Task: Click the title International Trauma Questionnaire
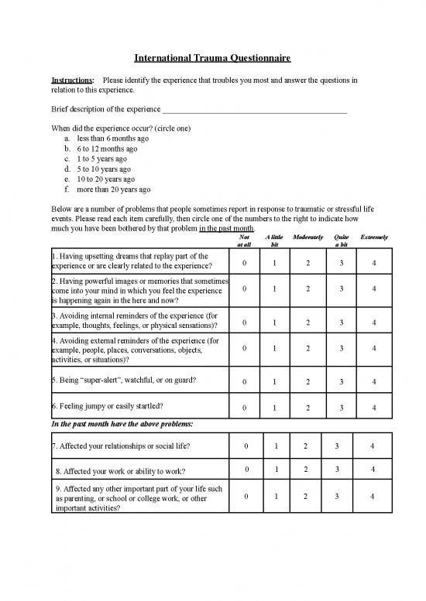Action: pyautogui.click(x=213, y=58)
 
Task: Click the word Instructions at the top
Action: pyautogui.click(x=72, y=80)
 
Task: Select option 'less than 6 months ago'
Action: pyautogui.click(x=108, y=138)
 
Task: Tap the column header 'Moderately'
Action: pyautogui.click(x=308, y=237)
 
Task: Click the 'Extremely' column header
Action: pyautogui.click(x=374, y=237)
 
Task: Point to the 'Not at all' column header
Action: pyautogui.click(x=245, y=241)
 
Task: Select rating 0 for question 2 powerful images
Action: pyautogui.click(x=245, y=289)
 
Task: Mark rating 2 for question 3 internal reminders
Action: pyautogui.click(x=308, y=322)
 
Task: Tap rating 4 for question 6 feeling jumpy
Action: pyautogui.click(x=374, y=408)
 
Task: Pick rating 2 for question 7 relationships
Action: pyautogui.click(x=305, y=446)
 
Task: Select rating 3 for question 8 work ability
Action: pyautogui.click(x=336, y=470)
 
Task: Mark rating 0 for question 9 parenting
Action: pyautogui.click(x=245, y=497)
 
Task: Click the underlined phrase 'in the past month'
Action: pyautogui.click(x=226, y=229)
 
